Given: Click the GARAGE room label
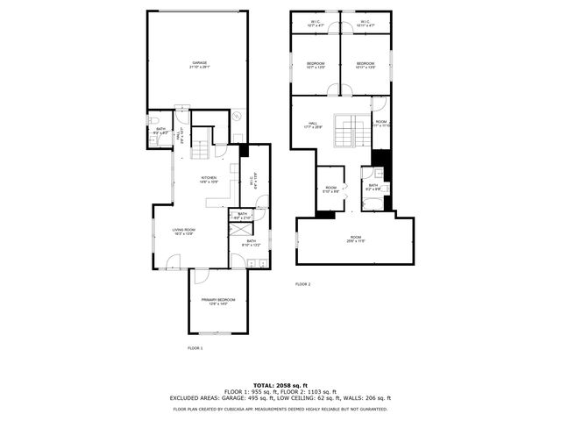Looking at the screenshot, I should (200, 64).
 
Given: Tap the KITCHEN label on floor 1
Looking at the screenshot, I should (209, 179).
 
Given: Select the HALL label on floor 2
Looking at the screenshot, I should (313, 124).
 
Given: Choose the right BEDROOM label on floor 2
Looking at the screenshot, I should (366, 64).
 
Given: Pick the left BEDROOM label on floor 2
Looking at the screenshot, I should (316, 64).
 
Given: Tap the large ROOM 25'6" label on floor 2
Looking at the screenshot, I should (355, 239).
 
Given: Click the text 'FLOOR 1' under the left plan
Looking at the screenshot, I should (195, 348).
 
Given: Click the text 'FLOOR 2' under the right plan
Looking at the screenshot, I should (302, 284).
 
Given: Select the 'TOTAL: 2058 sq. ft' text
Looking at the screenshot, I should (280, 385).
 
